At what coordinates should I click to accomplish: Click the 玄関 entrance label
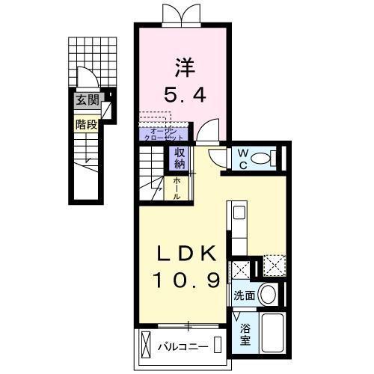86,99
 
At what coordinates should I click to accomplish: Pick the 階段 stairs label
86,124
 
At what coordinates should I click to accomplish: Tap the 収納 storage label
180,159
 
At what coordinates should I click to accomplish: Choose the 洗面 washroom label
244,295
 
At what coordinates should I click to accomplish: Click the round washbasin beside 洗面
268,295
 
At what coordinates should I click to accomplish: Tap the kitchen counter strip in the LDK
239,228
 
